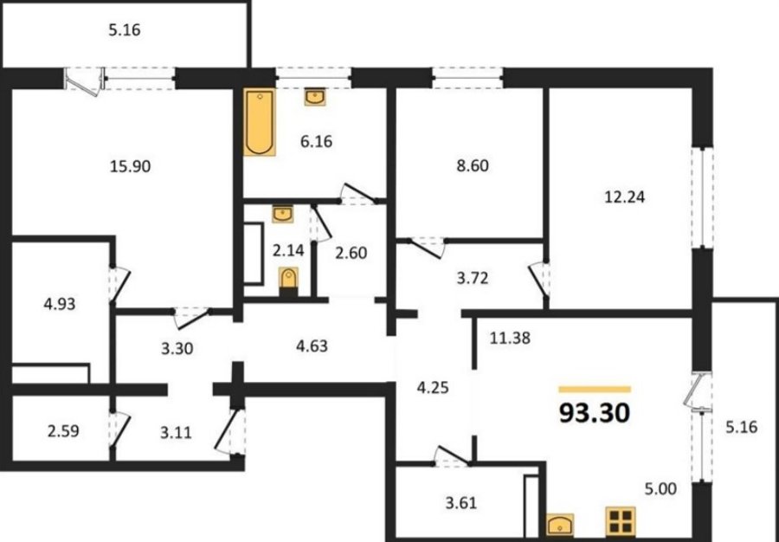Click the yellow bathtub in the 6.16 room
tap(260, 122)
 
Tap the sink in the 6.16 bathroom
tap(315, 96)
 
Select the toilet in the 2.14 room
tap(288, 281)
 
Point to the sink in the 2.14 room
tap(283, 214)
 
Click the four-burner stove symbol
tap(621, 521)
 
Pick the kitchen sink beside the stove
tap(560, 525)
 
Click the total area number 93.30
tap(595, 413)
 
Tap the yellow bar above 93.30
tap(595, 390)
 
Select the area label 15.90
tap(130, 166)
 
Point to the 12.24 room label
tap(624, 197)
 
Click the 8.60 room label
tap(473, 166)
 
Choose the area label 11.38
tap(510, 339)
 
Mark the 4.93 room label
tap(60, 304)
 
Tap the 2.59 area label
tap(63, 430)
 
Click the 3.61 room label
tap(460, 503)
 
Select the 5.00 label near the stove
tap(660, 489)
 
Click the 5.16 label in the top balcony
tap(124, 30)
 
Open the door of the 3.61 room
tap(451, 456)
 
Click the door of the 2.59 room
tap(119, 429)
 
